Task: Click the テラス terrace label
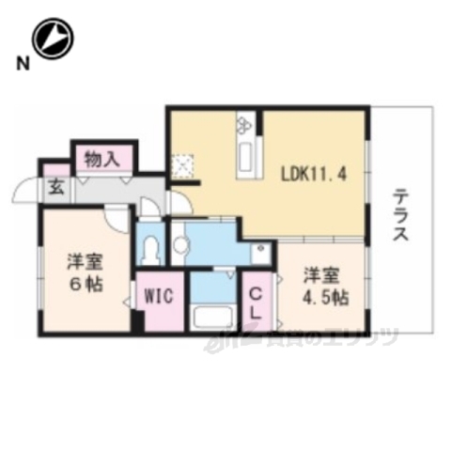[401, 215]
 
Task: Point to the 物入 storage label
[102, 159]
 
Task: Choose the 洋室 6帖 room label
[83, 272]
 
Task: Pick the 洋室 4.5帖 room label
[323, 286]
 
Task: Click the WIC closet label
[157, 296]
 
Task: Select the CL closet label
[256, 303]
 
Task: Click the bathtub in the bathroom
[213, 316]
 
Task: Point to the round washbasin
[182, 246]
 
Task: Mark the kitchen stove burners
[246, 124]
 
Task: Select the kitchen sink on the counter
[248, 154]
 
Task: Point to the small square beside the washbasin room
[259, 251]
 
